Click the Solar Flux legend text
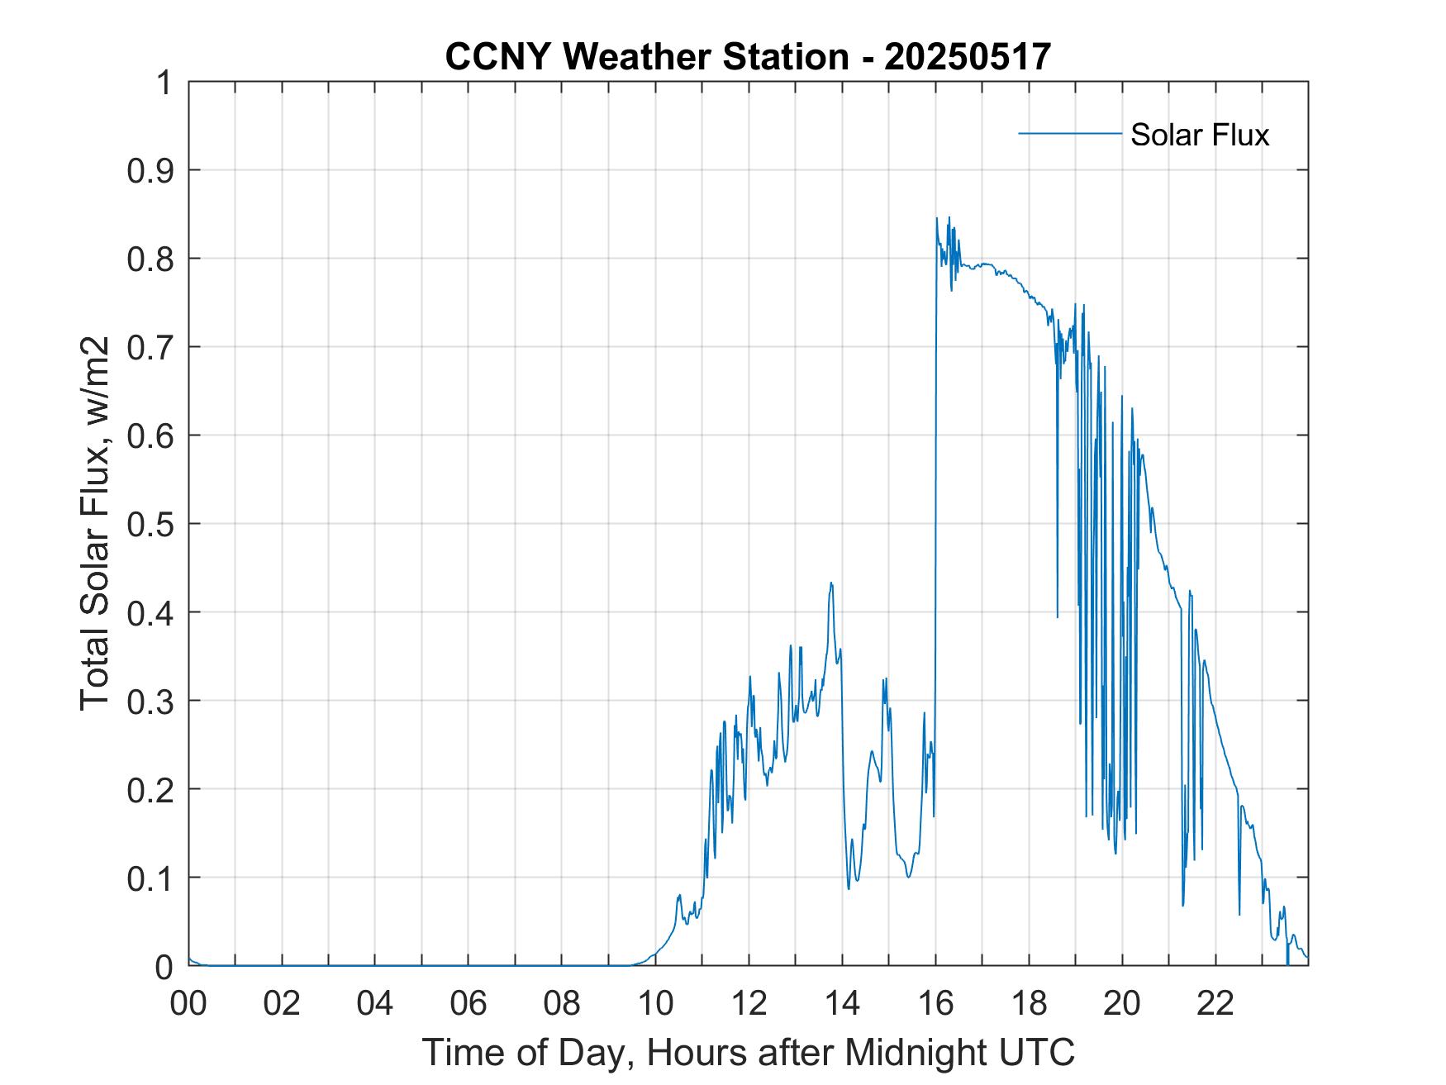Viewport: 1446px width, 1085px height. [x=1199, y=135]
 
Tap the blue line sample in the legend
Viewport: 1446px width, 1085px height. [x=1069, y=133]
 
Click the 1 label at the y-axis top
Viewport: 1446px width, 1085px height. [x=164, y=83]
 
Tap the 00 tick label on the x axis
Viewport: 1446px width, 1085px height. [x=188, y=1003]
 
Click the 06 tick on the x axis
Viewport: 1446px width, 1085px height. [x=469, y=1003]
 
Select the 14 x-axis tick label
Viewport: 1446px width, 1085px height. [x=842, y=1003]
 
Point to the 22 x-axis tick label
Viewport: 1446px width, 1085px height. [x=1215, y=1003]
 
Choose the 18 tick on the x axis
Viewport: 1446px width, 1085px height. [x=1029, y=1003]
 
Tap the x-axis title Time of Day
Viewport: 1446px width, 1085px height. [x=748, y=1052]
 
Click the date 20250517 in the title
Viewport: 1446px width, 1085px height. [x=968, y=57]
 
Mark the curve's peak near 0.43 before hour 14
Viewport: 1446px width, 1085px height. [x=831, y=583]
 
